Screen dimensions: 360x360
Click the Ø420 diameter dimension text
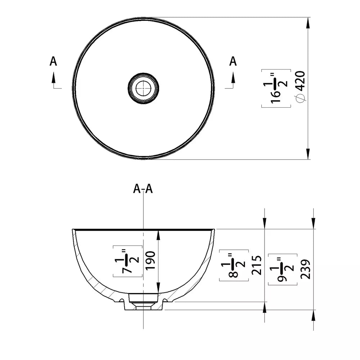301,87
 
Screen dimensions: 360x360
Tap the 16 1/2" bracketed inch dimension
276,88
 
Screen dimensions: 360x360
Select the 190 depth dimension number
150,261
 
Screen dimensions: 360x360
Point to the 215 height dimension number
257,265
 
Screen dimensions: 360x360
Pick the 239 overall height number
305,269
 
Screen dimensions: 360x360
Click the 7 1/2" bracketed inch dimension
127,261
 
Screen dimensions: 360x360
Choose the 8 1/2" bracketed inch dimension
234,265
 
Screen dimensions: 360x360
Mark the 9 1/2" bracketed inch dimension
283,269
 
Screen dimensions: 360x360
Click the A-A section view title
143,189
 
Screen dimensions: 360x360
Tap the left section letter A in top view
53,61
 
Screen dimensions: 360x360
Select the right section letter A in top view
233,61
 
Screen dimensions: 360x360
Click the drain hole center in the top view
144,88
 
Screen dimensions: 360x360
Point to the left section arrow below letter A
54,80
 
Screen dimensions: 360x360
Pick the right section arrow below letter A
233,80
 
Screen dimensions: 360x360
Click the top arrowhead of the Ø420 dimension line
308,23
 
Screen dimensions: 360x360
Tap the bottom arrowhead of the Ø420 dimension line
308,154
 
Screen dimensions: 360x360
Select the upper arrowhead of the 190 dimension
158,235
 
